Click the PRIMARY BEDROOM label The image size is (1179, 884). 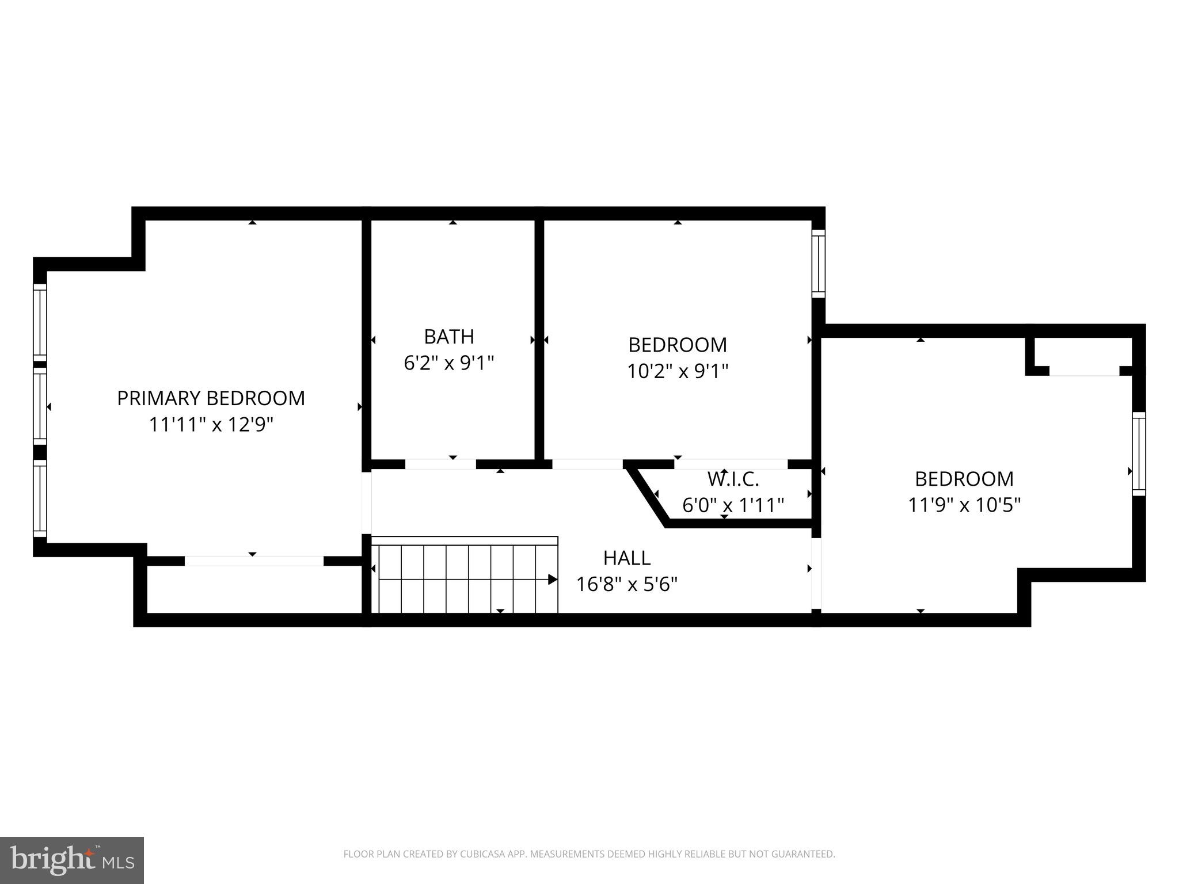211,398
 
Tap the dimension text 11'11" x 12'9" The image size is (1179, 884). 211,425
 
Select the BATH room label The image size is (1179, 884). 449,336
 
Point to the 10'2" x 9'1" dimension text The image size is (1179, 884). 678,371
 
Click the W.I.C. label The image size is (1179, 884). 733,478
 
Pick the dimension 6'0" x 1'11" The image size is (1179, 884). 733,505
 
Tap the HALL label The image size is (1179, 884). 627,558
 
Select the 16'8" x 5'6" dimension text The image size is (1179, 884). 627,585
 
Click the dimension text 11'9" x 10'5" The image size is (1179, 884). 964,505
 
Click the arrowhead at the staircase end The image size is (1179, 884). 552,580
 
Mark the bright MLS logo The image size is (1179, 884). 72,860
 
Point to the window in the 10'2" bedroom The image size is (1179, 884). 818,264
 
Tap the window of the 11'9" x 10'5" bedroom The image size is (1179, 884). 1139,454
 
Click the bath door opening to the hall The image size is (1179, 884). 440,464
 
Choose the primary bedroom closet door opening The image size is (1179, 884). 254,561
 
